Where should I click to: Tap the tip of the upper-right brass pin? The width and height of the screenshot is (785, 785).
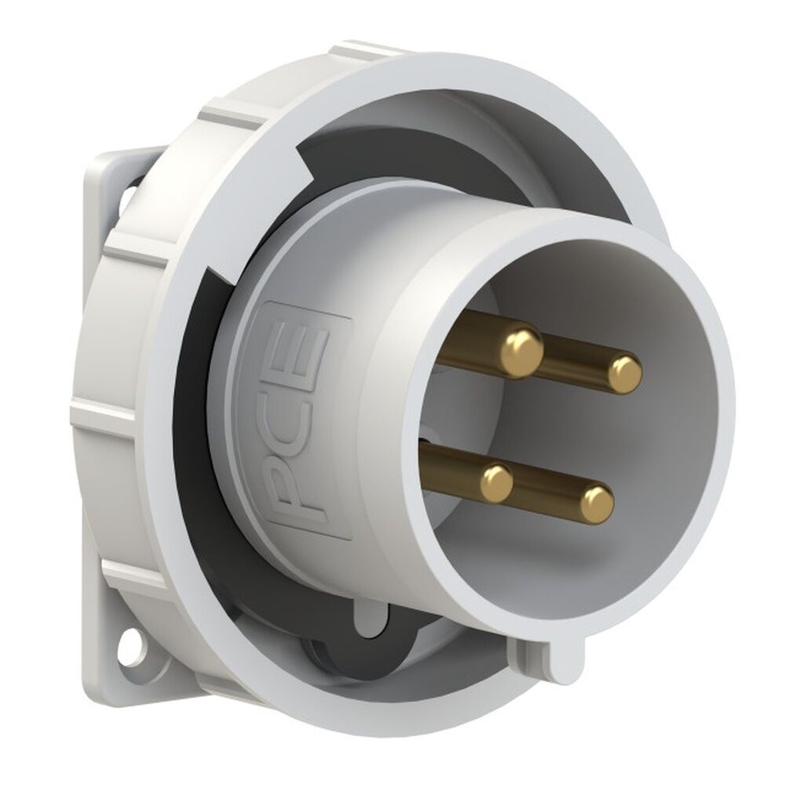(x=625, y=374)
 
